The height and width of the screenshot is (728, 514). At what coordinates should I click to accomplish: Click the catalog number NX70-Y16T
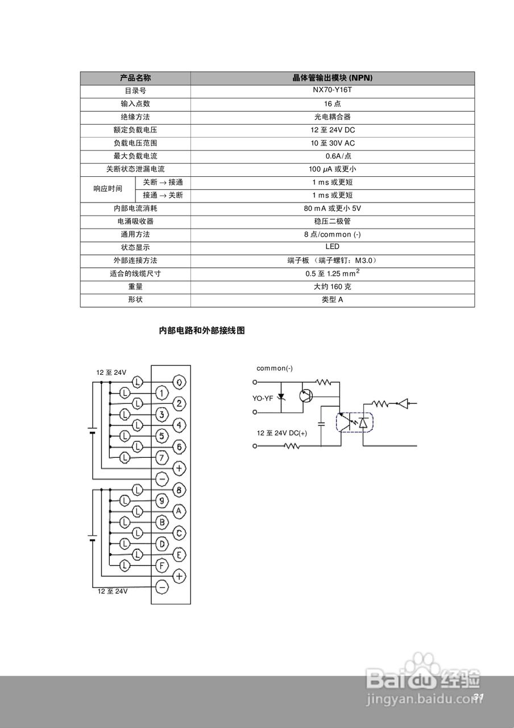point(333,90)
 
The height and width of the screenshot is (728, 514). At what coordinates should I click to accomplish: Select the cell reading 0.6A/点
point(333,156)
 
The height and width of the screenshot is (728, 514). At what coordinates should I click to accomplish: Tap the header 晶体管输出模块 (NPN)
point(333,78)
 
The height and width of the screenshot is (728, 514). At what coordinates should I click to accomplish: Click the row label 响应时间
point(108,189)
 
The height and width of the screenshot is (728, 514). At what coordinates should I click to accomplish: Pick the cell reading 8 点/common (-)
point(333,234)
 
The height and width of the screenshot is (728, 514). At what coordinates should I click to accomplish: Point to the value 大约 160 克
point(333,287)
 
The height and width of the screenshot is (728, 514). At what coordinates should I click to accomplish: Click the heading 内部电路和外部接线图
point(202,330)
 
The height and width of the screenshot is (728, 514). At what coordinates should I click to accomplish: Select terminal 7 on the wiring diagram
point(162,457)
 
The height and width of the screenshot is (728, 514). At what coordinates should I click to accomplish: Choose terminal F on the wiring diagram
point(162,565)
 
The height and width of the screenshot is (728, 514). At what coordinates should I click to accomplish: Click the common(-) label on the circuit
point(275,369)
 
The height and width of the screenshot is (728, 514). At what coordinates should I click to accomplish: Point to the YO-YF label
point(263,398)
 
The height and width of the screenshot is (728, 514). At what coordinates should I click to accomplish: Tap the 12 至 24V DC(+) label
point(281,433)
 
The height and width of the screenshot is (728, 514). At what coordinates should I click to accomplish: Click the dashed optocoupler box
point(355,423)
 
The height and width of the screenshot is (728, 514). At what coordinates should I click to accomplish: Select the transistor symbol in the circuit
point(306,396)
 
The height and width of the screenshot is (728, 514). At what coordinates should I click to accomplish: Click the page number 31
point(478,697)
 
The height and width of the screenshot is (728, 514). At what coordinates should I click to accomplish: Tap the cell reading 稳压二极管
point(333,221)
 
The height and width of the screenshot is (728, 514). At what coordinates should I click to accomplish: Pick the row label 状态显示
point(135,247)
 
